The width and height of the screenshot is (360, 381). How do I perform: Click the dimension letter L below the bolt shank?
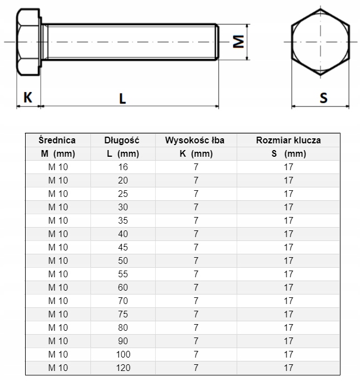point(122,98)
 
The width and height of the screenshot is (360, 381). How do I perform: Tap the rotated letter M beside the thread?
point(239,42)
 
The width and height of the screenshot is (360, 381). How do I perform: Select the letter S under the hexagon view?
point(323,98)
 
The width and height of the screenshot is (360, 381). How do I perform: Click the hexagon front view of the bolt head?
point(320,42)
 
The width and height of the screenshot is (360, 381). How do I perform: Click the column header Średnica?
point(57,141)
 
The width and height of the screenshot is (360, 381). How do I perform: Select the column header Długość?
point(122,141)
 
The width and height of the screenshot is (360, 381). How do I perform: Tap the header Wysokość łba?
point(195,141)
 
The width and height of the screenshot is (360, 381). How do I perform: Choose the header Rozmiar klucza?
point(288,141)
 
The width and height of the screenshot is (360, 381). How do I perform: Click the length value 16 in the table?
point(122,167)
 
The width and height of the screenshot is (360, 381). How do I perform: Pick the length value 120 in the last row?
point(122,368)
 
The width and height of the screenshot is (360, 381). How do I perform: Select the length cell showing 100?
point(122,354)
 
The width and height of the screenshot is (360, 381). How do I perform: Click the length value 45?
point(122,247)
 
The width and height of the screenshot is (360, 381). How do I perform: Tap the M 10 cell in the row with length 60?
point(57,287)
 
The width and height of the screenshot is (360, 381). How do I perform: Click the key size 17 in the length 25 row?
point(288,194)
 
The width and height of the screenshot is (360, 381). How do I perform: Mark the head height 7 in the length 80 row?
point(195,327)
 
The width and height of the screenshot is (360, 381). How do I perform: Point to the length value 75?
point(122,314)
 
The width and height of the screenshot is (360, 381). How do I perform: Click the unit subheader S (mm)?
point(288,153)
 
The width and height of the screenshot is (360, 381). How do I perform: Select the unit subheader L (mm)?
point(122,153)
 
